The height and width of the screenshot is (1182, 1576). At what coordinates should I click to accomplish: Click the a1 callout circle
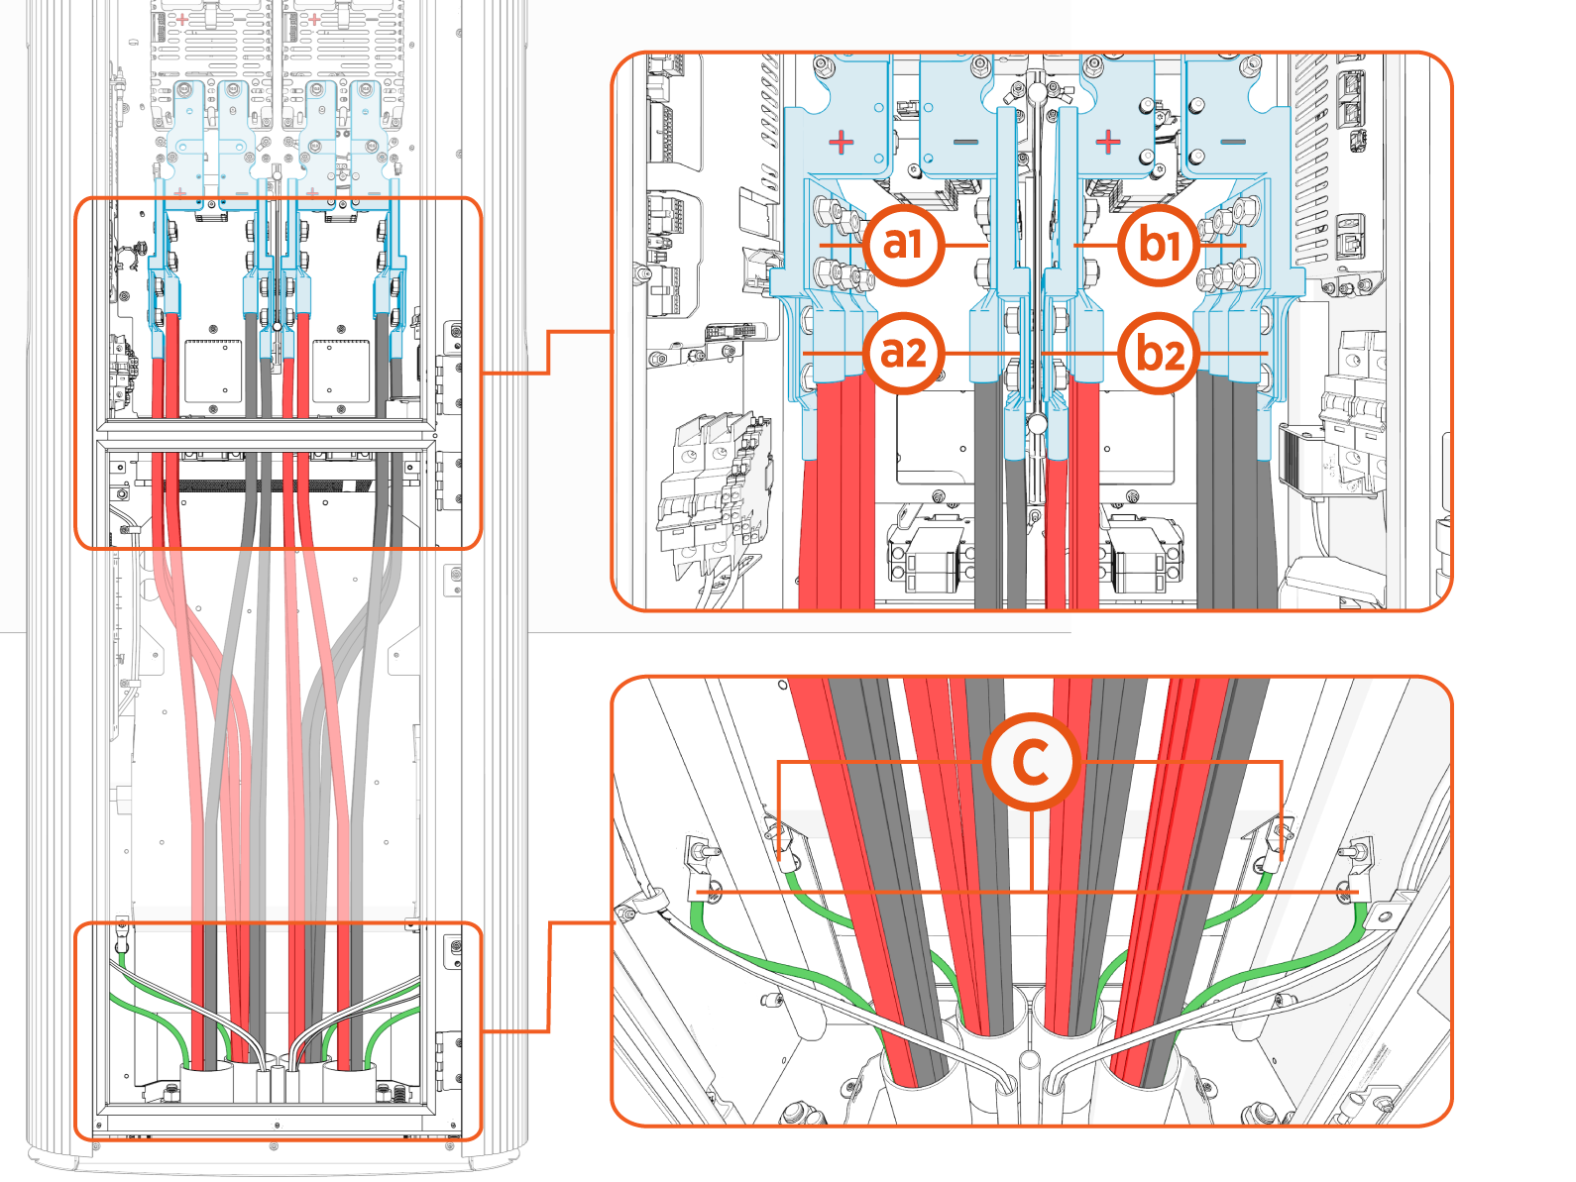point(903,245)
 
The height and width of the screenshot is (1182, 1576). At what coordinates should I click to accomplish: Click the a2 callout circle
point(903,354)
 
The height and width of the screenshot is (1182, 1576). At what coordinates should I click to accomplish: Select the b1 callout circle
point(1160,245)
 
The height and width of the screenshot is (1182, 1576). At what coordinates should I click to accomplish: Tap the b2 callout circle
point(1160,354)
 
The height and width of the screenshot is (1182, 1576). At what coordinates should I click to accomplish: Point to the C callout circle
point(1032,762)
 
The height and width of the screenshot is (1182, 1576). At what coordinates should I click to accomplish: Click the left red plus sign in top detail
point(842,143)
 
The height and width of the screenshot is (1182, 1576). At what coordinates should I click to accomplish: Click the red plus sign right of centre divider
point(1108,143)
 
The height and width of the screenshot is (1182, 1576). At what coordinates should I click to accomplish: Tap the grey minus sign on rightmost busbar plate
point(1232,143)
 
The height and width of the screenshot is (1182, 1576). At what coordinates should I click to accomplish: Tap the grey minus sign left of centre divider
point(965,143)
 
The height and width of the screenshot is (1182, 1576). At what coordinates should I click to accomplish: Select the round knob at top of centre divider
point(1036,92)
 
